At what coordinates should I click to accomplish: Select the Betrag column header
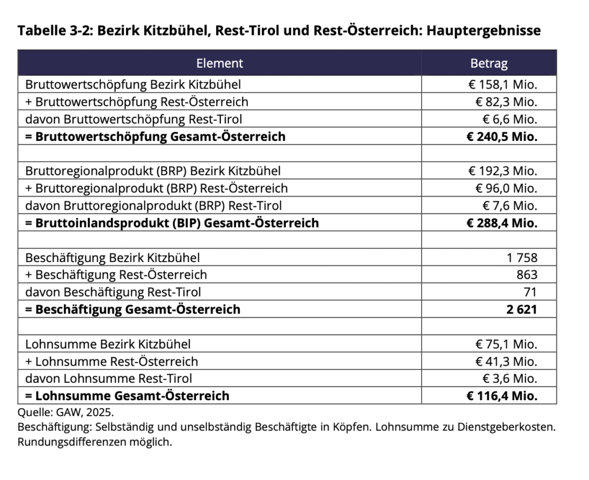[x=489, y=63]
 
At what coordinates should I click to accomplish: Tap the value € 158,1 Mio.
[x=502, y=85]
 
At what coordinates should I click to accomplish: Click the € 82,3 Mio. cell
[x=506, y=102]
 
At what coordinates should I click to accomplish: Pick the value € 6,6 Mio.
[x=510, y=120]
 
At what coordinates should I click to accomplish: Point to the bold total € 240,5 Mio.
[x=502, y=137]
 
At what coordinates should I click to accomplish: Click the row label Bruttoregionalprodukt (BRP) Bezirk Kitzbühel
[x=153, y=171]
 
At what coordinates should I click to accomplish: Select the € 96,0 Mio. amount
[x=506, y=189]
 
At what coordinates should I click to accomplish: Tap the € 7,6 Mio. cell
[x=510, y=206]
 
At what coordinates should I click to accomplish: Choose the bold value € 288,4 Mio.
[x=502, y=223]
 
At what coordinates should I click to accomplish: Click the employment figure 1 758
[x=522, y=258]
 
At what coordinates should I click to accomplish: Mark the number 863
[x=527, y=275]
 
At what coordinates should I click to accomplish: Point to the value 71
[x=531, y=292]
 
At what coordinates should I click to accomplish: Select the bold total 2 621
[x=522, y=309]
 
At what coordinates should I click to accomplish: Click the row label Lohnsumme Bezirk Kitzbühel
[x=108, y=344]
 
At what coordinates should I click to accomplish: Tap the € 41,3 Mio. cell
[x=506, y=362]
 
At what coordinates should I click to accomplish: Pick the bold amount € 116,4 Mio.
[x=502, y=396]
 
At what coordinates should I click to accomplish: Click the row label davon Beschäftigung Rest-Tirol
[x=113, y=292]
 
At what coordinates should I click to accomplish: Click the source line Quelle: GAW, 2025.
[x=66, y=413]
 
